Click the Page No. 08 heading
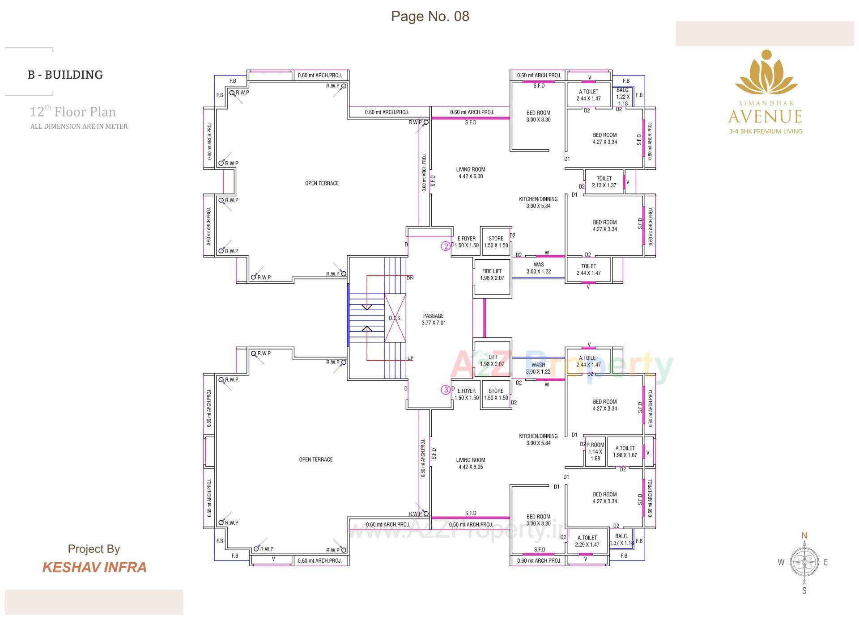[x=430, y=16]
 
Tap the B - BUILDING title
[x=65, y=75]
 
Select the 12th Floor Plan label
[x=72, y=112]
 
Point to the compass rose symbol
[x=804, y=562]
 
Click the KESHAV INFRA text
[x=94, y=567]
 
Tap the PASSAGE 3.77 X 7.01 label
[x=433, y=319]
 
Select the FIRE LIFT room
[x=492, y=275]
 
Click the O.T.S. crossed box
[x=395, y=318]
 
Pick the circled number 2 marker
[x=446, y=246]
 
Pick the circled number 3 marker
[x=446, y=390]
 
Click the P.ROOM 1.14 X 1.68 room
[x=595, y=451]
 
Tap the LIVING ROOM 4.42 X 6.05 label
[x=470, y=463]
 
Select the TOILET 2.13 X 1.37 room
[x=604, y=182]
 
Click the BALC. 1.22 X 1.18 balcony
[x=623, y=97]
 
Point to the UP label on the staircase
[x=410, y=358]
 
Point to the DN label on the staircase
[x=410, y=278]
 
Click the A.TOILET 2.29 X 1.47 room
[x=587, y=541]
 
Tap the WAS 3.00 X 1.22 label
[x=538, y=268]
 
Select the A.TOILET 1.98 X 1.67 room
[x=625, y=451]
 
